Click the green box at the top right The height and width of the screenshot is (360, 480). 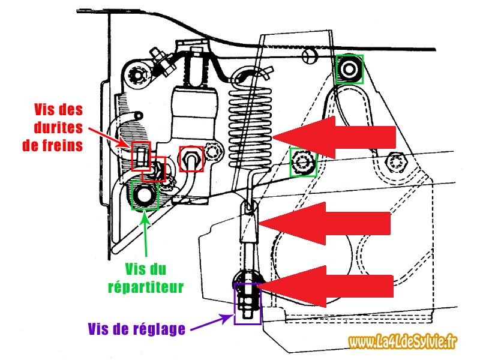(349, 68)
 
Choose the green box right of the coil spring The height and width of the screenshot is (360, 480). (303, 161)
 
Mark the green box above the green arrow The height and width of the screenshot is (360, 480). (144, 196)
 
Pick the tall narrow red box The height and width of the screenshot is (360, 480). (140, 157)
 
